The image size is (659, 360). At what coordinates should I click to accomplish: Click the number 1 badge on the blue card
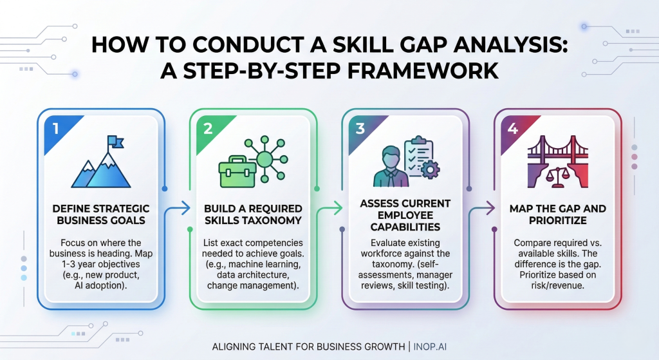click(56, 128)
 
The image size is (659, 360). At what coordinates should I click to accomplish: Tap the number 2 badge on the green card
click(208, 128)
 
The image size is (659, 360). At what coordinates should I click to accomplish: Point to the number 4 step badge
click(512, 128)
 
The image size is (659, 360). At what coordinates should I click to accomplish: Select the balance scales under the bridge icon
click(557, 172)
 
